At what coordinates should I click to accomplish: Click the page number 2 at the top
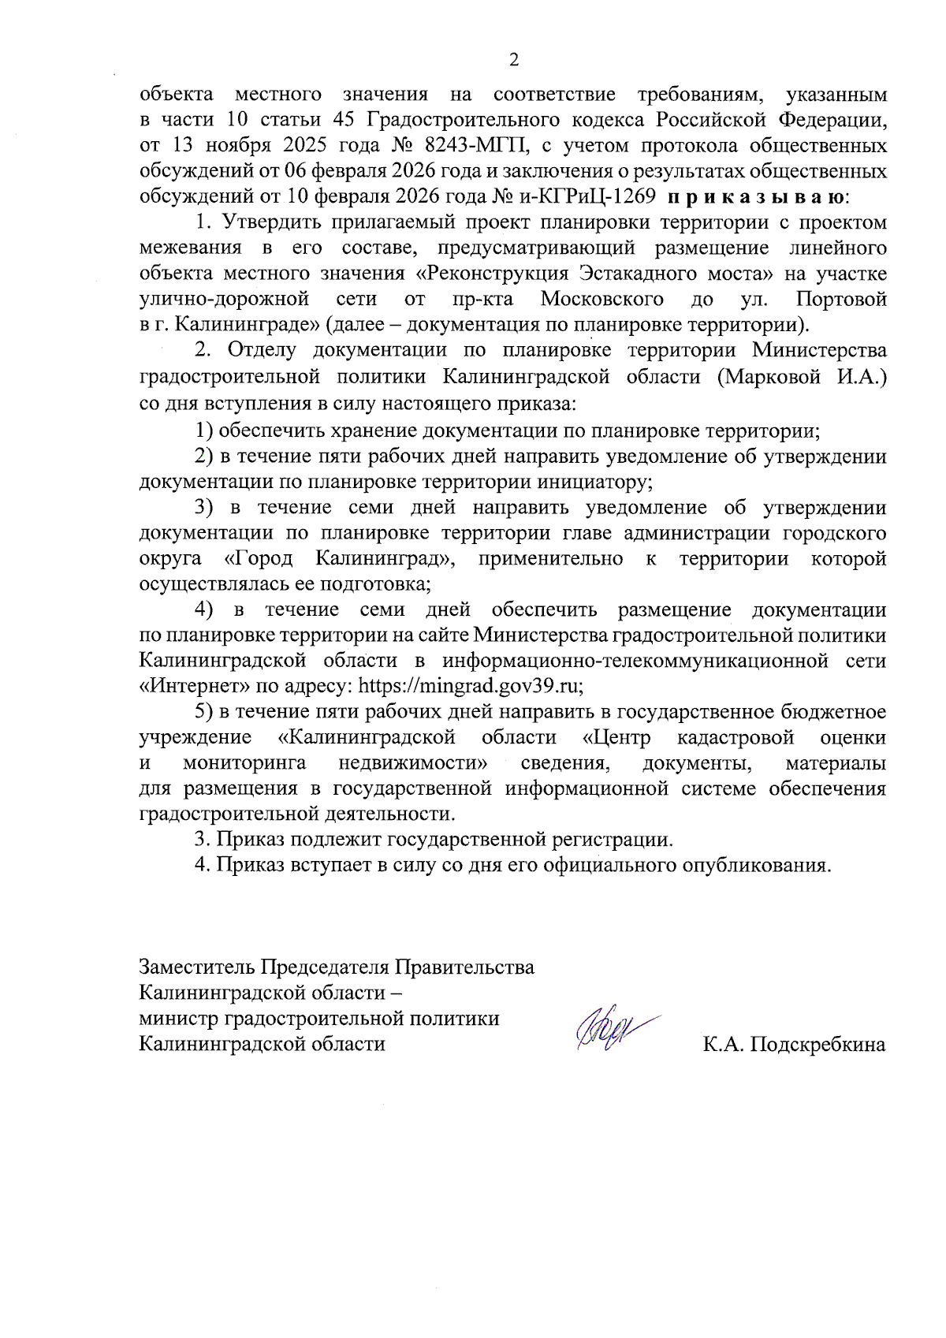(x=514, y=61)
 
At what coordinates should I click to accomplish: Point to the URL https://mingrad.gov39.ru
(x=470, y=686)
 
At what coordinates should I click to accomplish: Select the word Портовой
(x=841, y=300)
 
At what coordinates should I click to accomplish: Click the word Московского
(x=601, y=300)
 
